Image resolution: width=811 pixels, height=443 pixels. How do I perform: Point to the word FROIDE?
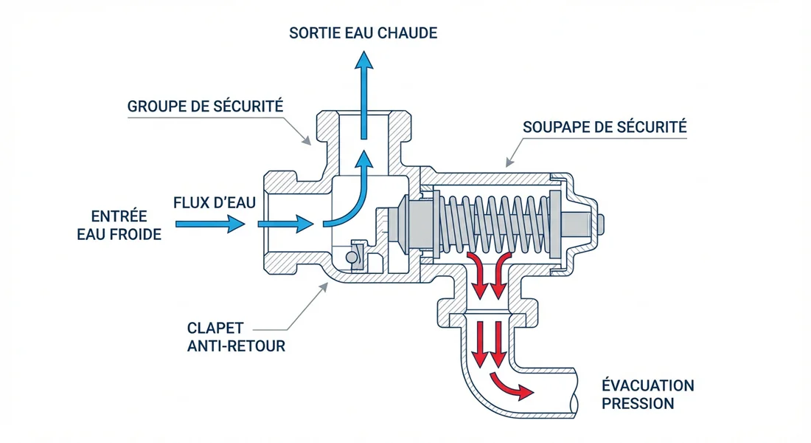(139, 233)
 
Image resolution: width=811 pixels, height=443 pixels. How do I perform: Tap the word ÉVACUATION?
(647, 386)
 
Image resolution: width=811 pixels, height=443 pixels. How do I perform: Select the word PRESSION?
(638, 404)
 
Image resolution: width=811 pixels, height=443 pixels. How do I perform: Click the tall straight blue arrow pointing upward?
(363, 92)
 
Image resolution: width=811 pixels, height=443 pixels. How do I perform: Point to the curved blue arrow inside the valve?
(347, 196)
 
